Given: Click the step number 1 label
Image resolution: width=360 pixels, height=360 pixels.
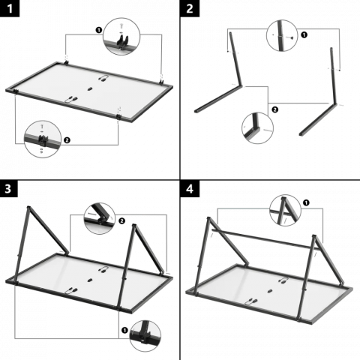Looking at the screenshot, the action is (10, 8).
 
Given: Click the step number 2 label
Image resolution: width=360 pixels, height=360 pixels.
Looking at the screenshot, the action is (190, 8).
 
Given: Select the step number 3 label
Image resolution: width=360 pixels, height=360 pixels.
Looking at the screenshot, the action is (9, 188).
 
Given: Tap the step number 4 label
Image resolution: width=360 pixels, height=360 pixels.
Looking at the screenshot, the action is (190, 188).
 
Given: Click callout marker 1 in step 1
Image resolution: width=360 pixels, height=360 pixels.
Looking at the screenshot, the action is (99, 30).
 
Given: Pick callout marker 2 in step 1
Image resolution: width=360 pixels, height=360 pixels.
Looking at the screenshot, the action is (67, 140).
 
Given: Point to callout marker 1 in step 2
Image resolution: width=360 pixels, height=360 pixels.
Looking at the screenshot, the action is (304, 35).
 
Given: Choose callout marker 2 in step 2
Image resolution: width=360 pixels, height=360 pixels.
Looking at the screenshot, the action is (274, 109).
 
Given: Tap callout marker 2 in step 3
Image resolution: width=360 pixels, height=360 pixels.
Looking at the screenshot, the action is (121, 221).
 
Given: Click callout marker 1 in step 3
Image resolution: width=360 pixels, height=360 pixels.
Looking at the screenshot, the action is (124, 330).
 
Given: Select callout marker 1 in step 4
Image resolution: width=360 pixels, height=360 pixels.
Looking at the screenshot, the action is (306, 202).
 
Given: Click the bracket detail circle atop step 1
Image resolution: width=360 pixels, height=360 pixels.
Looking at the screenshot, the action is (121, 36).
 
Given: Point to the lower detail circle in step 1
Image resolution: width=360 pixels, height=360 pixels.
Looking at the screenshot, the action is (43, 139).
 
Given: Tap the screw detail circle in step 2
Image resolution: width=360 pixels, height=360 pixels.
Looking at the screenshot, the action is (282, 36).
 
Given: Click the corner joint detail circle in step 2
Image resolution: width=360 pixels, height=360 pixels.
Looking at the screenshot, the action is (257, 128).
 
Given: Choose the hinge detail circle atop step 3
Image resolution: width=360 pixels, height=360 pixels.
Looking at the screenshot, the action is (100, 218).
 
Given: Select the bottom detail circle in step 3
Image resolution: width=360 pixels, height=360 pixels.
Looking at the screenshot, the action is (145, 336).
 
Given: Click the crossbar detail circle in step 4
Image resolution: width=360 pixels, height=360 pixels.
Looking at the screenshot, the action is (285, 211).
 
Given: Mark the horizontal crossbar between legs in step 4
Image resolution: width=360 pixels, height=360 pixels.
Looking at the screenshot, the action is (265, 239).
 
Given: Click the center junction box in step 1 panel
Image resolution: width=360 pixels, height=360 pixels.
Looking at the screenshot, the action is (89, 88).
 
